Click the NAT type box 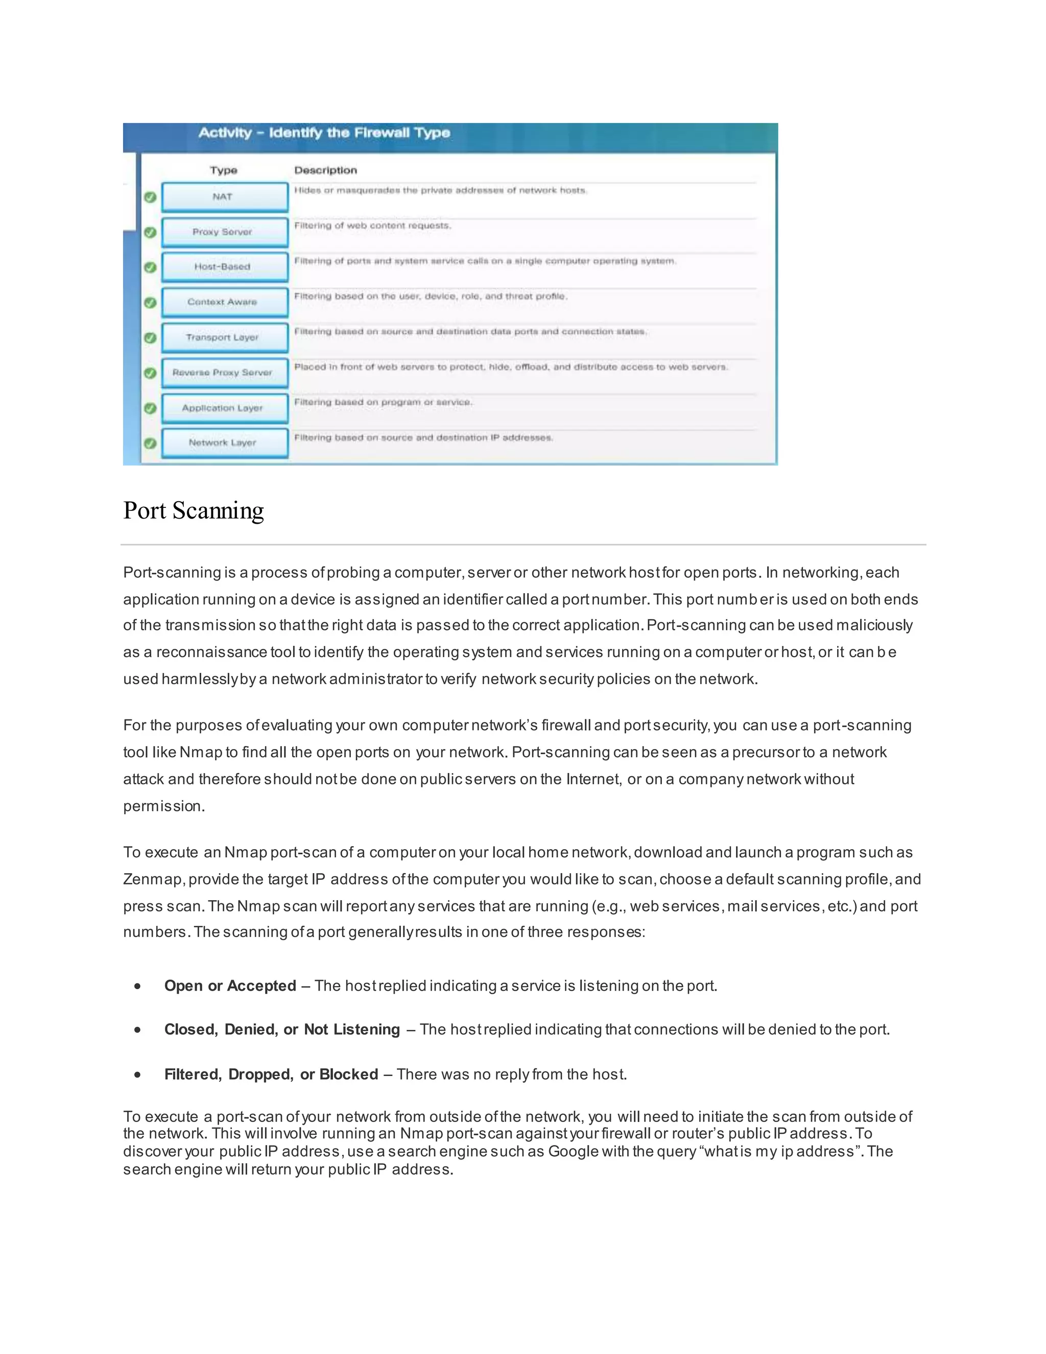pos(224,197)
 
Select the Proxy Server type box pos(224,232)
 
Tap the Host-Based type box pos(224,267)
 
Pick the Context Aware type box pos(224,302)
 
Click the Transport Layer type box pos(224,338)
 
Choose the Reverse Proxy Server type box pos(224,372)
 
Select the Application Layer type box pos(224,408)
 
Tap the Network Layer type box pos(224,442)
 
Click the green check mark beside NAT pos(150,197)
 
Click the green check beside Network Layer pos(150,443)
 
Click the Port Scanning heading pos(194,511)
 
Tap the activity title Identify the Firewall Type pos(324,133)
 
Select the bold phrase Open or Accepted pos(230,986)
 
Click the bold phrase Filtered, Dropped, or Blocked pos(271,1075)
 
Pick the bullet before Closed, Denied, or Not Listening pos(137,1030)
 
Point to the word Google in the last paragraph pos(573,1151)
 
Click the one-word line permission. pos(163,806)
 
